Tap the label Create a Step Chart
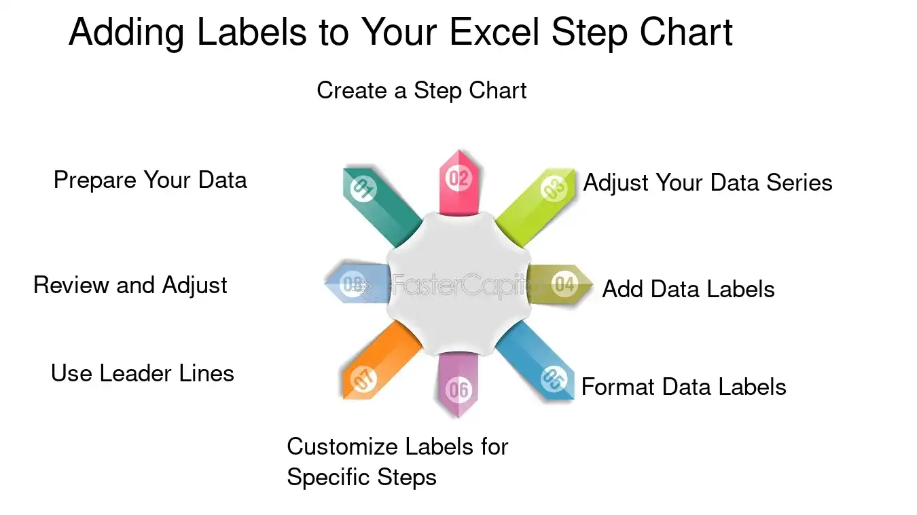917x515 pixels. (x=421, y=90)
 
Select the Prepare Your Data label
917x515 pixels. (x=150, y=180)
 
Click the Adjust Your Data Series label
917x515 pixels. (x=708, y=183)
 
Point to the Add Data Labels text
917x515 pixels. (x=688, y=289)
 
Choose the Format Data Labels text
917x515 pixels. (x=683, y=387)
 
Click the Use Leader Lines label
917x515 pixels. (x=142, y=373)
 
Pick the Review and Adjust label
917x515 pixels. (x=130, y=285)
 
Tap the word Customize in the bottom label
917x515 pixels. (x=341, y=446)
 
